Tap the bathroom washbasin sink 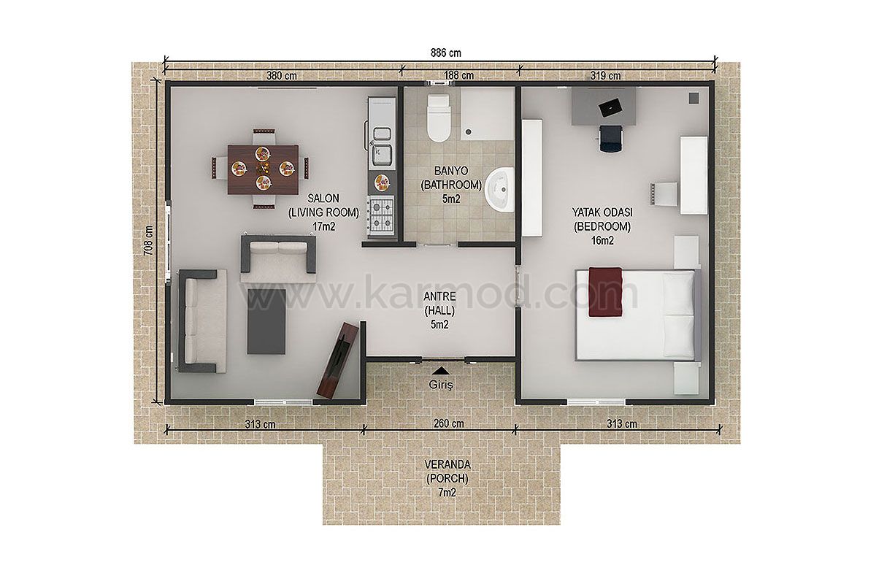[x=499, y=190]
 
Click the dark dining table [x=264, y=169]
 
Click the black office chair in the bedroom [x=610, y=138]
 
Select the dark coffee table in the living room [x=266, y=321]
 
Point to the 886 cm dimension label [x=446, y=53]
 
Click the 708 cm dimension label [x=149, y=241]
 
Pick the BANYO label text [x=451, y=171]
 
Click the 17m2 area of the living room [x=324, y=226]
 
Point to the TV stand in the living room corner [x=337, y=359]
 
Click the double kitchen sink [x=382, y=145]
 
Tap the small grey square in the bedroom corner [x=693, y=98]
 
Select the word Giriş [x=441, y=385]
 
